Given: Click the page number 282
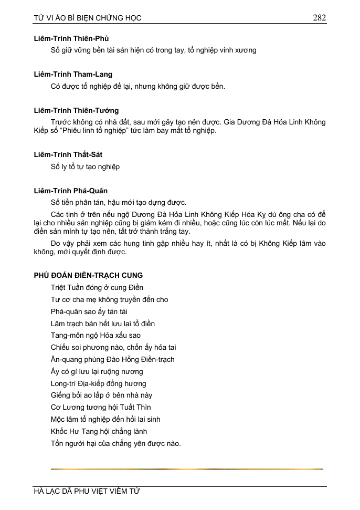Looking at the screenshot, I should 320,17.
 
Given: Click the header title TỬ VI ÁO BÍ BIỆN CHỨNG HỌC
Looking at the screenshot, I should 88,18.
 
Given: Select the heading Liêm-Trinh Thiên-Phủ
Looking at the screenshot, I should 71,38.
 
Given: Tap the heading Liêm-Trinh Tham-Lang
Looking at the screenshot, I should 73,75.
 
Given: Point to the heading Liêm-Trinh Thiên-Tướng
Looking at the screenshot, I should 76,110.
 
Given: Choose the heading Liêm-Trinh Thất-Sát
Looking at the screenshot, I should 68,154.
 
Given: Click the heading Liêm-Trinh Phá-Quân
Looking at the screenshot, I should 71,191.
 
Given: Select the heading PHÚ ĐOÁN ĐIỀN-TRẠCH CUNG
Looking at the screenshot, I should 88,275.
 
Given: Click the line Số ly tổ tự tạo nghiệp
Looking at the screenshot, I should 85,166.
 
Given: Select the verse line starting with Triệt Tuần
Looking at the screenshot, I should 97,287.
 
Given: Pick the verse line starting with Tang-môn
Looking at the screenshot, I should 96,335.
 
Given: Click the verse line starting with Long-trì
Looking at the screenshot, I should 98,383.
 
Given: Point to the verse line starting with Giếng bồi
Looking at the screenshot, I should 101,395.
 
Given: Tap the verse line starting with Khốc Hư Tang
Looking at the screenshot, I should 99,431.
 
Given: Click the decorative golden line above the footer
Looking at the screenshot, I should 187,469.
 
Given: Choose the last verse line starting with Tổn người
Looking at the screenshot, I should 115,443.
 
